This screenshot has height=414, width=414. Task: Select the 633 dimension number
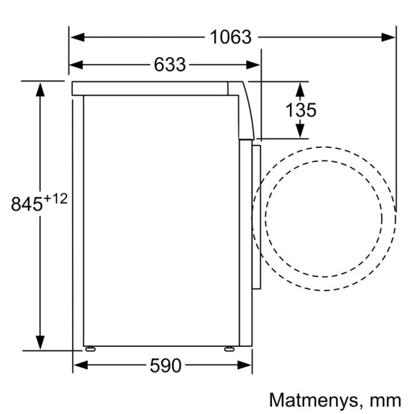pyautogui.click(x=169, y=65)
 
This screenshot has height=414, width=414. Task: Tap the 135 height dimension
pyautogui.click(x=301, y=111)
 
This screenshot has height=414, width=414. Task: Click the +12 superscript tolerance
pyautogui.click(x=56, y=198)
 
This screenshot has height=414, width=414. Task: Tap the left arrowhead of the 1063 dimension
pyautogui.click(x=76, y=36)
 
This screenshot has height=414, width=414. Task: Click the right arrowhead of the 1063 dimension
pyautogui.click(x=391, y=36)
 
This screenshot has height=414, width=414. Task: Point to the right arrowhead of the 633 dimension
pyautogui.click(x=258, y=65)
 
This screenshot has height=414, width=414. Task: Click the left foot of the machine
pyautogui.click(x=91, y=348)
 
